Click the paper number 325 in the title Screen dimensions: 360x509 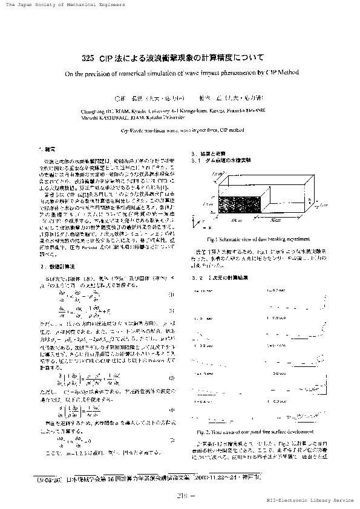(x=87, y=59)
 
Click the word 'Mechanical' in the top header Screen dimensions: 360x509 (x=81, y=4)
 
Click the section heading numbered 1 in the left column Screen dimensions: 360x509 (x=46, y=148)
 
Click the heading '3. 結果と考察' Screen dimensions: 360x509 (x=209, y=154)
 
